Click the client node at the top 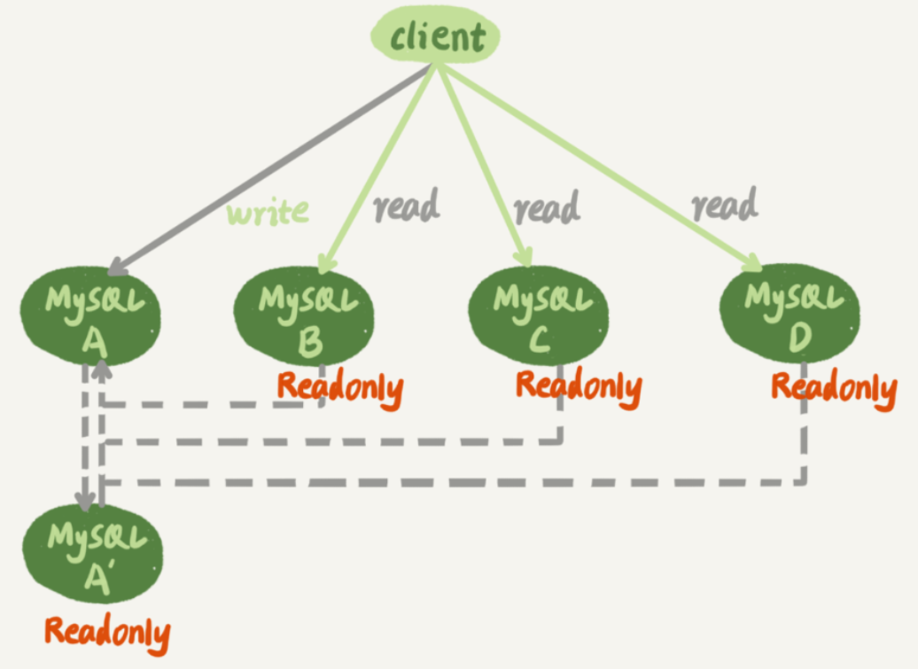click(x=435, y=36)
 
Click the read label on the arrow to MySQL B click(x=406, y=206)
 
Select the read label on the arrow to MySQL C click(x=548, y=207)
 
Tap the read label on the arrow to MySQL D click(x=725, y=206)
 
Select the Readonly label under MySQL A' click(x=107, y=633)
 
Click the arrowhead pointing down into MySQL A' click(x=85, y=502)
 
